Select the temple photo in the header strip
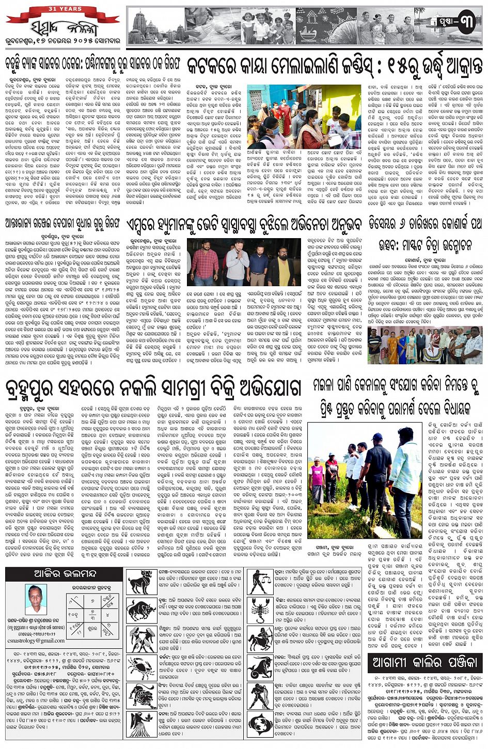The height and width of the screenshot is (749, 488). [x=155, y=26]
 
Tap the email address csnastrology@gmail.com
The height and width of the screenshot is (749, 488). [x=36, y=641]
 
